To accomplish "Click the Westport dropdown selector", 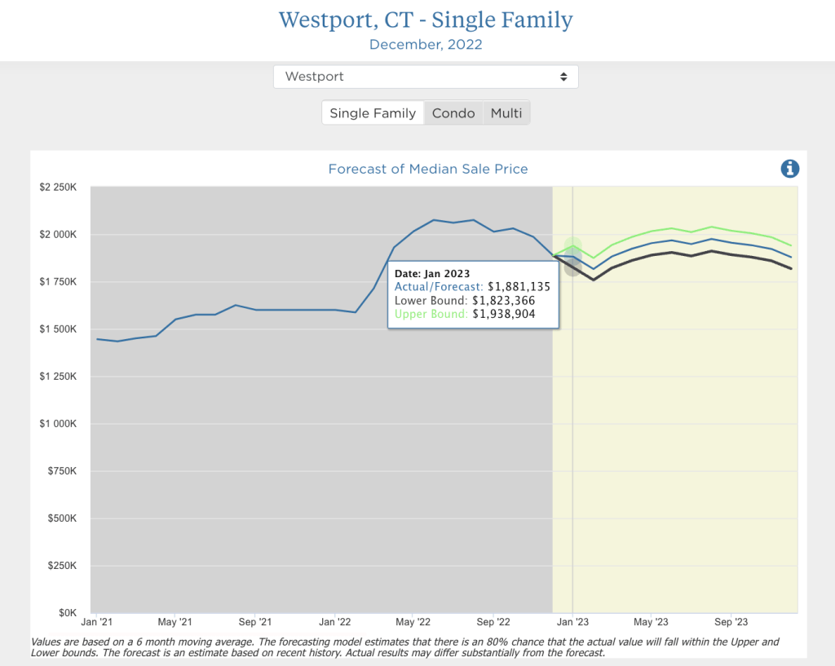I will point(426,77).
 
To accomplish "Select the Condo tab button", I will point(453,113).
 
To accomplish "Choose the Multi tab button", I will point(506,113).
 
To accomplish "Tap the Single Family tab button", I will point(373,113).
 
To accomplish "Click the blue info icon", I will point(789,169).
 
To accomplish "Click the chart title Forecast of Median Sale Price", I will point(427,170).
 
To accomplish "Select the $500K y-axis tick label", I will point(63,518).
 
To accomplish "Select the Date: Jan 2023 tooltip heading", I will point(433,273).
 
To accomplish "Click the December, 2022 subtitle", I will point(426,45).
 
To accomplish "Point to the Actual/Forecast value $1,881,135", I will point(519,287).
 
